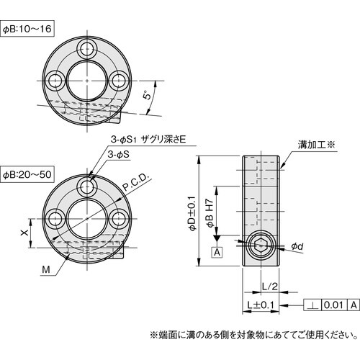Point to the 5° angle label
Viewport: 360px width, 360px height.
[146, 95]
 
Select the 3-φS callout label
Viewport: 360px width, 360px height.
[119, 155]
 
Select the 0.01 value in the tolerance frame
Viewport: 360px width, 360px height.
[333, 305]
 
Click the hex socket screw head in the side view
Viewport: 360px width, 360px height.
[260, 248]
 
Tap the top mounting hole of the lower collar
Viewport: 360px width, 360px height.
[88, 189]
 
